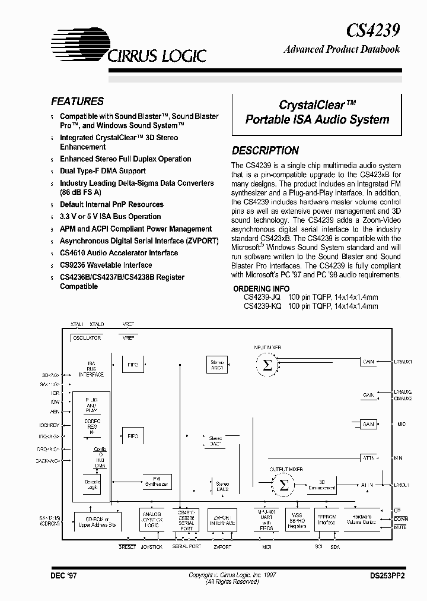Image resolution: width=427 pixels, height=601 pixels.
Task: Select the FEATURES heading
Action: coord(77,102)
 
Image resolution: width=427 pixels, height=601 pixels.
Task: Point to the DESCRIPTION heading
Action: coord(265,151)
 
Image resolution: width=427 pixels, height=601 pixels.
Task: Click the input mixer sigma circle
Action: coord(267,366)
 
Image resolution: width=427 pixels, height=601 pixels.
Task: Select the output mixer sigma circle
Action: coord(284,485)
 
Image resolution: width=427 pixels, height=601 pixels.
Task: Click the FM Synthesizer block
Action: coord(157,481)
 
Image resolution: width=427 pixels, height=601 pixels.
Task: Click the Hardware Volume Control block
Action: coord(368,520)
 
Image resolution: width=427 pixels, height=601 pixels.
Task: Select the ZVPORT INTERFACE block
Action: coord(222,520)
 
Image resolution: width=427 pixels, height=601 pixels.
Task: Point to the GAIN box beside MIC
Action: coord(368,424)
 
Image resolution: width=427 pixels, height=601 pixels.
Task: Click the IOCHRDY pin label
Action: coord(49,425)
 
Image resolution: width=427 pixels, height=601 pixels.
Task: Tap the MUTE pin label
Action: coord(402,527)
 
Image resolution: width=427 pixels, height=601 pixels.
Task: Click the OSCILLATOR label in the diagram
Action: coord(86,337)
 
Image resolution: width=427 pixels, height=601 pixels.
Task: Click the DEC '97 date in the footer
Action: coord(63,576)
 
